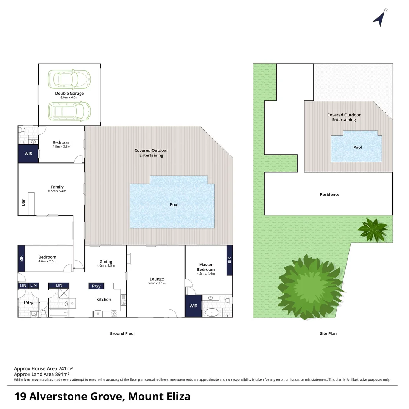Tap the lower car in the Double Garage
(x=69, y=111)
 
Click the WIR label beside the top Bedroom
(x=28, y=154)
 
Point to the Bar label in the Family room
(x=23, y=203)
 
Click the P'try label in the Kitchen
(x=97, y=286)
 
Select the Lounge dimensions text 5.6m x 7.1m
(x=156, y=283)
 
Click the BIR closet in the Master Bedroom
(x=229, y=260)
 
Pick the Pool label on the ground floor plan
(x=174, y=205)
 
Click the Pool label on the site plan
(x=357, y=147)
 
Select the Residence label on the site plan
(x=329, y=194)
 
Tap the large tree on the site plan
(x=309, y=286)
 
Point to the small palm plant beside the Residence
(x=373, y=229)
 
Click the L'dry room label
(x=27, y=303)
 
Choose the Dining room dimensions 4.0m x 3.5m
(x=106, y=266)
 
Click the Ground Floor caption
(x=122, y=334)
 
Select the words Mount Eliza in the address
(x=159, y=397)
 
